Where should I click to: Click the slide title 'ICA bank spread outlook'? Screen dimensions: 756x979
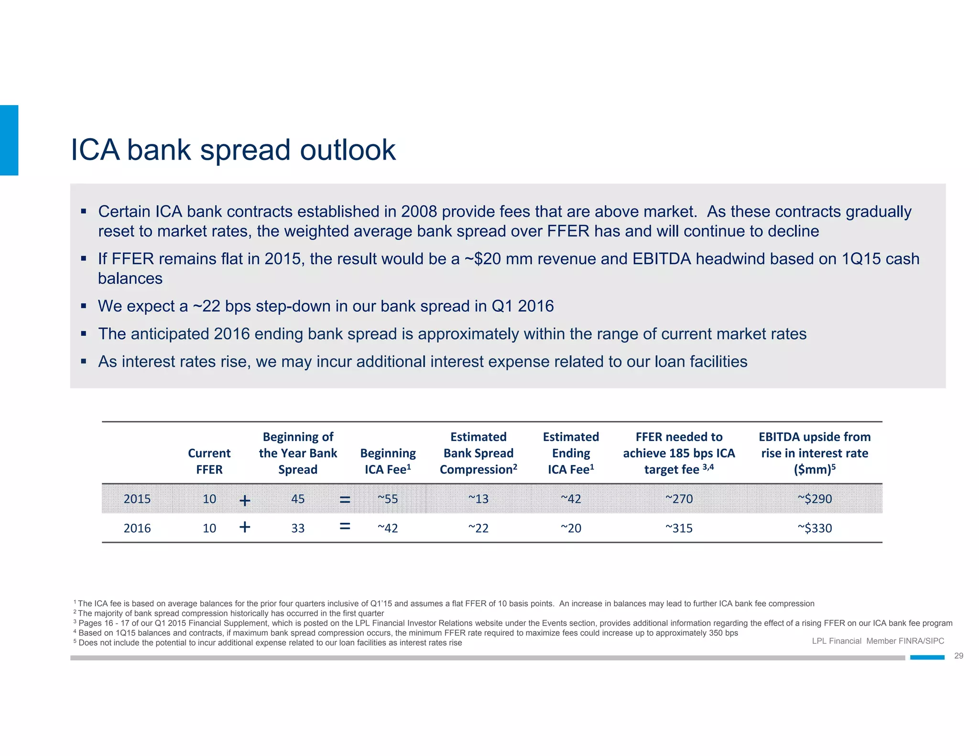point(233,150)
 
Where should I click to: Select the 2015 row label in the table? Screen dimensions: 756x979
point(137,499)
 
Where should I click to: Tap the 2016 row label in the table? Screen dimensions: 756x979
point(137,528)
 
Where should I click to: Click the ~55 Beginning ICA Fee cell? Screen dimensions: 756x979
point(388,499)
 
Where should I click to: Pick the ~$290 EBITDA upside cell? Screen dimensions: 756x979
point(815,499)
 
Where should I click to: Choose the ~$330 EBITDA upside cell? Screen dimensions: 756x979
point(815,528)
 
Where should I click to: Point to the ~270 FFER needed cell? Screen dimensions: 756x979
point(679,499)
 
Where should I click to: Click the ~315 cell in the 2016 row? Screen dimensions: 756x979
point(679,528)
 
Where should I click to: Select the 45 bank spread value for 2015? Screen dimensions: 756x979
point(298,499)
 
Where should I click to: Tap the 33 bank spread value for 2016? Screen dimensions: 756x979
point(298,528)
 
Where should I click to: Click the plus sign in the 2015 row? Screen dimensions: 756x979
point(245,500)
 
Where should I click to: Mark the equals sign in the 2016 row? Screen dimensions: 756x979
point(345,526)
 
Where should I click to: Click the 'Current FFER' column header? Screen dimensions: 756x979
point(209,461)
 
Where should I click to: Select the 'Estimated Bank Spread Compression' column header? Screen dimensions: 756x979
point(478,453)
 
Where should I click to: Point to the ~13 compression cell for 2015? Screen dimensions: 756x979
point(478,499)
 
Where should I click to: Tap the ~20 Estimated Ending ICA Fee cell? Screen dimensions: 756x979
point(571,528)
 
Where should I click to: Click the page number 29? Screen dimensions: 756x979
point(958,656)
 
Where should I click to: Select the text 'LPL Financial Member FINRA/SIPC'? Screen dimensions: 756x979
point(878,641)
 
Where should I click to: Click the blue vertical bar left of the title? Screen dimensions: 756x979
point(9,140)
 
